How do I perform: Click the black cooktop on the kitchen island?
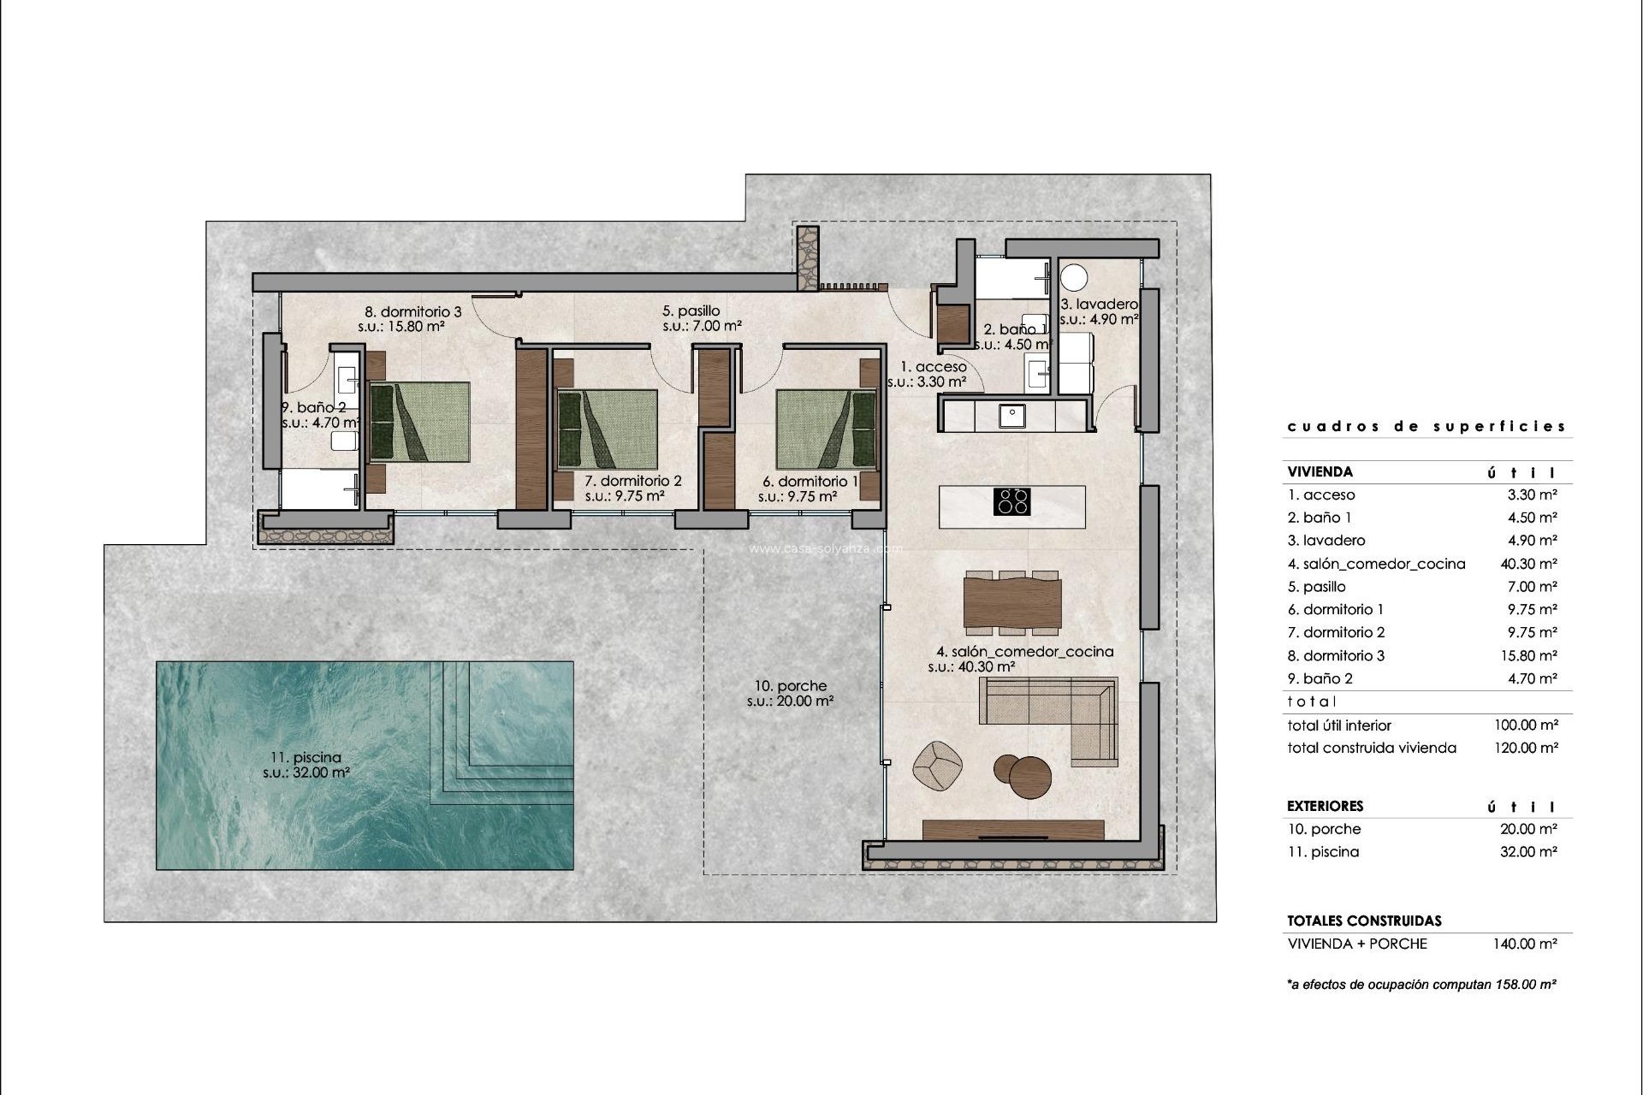(x=1011, y=501)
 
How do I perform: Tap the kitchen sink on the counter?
(x=1012, y=415)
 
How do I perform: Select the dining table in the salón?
(x=1012, y=603)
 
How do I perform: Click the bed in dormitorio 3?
(x=419, y=423)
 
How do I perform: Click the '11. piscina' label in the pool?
(x=305, y=757)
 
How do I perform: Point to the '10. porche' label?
(x=791, y=685)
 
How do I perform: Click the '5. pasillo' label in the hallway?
(x=691, y=311)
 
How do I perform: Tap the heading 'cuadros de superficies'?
(x=1427, y=426)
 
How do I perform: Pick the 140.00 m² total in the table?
(x=1525, y=944)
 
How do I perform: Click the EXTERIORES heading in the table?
(x=1325, y=806)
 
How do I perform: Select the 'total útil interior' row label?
(x=1339, y=725)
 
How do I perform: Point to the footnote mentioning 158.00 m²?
(x=1421, y=985)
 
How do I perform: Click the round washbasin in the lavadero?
(x=1074, y=277)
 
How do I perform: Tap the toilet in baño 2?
(x=344, y=441)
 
